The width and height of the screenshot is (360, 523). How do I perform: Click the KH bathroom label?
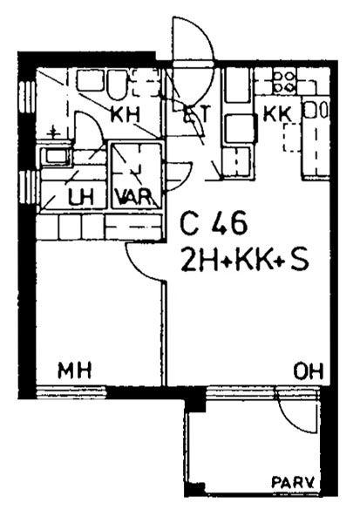[126, 114]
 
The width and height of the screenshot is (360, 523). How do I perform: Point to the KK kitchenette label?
[277, 114]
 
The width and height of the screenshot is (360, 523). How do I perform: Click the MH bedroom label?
[75, 370]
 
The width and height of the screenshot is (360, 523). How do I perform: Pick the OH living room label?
[309, 371]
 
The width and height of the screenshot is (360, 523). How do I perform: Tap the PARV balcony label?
[294, 482]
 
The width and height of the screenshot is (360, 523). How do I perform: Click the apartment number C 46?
[214, 222]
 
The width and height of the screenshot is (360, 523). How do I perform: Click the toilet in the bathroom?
[117, 84]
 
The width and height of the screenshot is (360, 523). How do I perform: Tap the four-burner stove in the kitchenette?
[284, 82]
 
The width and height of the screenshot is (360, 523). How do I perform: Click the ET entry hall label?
[198, 114]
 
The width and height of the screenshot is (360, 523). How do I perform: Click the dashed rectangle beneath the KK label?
[292, 138]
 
